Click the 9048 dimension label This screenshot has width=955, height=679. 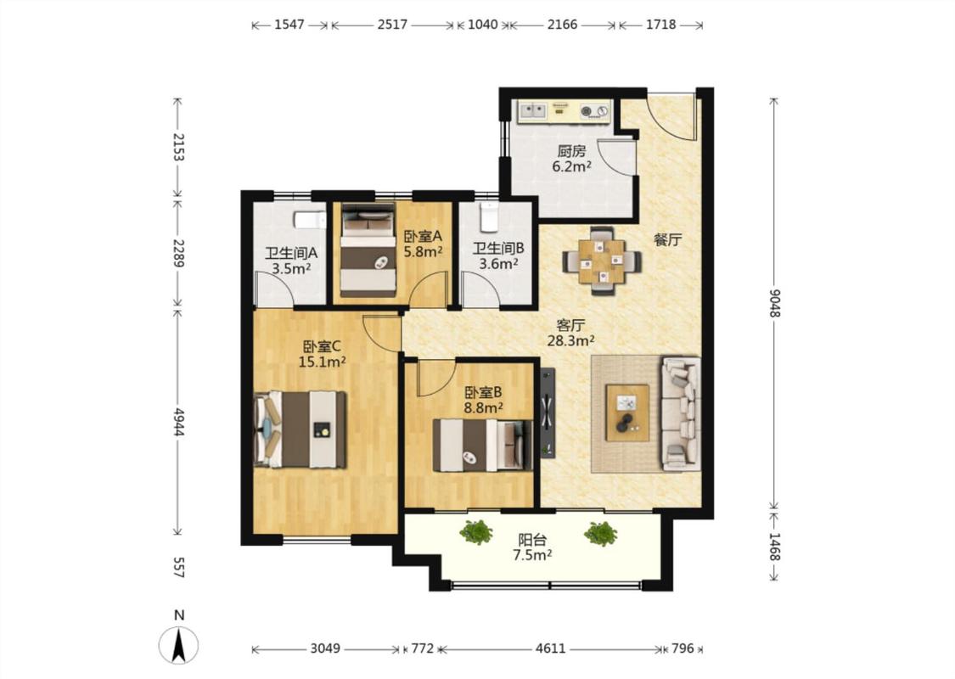click(x=773, y=303)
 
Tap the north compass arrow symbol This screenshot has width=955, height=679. click(x=178, y=646)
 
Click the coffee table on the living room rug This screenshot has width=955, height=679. click(x=627, y=412)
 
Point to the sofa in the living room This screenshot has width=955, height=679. click(x=681, y=414)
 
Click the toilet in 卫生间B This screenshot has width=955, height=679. click(x=489, y=216)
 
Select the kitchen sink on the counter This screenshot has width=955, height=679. click(x=532, y=110)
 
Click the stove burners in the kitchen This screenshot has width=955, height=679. click(x=594, y=111)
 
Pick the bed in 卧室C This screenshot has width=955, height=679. click(x=300, y=429)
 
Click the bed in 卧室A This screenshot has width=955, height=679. click(x=368, y=250)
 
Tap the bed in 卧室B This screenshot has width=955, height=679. click(x=482, y=445)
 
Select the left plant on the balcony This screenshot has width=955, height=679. click(x=476, y=532)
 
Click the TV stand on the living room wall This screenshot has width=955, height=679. click(x=548, y=412)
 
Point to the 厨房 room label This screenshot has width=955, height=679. click(x=571, y=151)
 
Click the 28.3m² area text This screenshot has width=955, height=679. click(x=570, y=340)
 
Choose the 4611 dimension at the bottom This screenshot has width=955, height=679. click(x=551, y=648)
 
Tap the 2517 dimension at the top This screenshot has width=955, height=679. click(x=392, y=25)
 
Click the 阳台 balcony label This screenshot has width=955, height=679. click(x=532, y=540)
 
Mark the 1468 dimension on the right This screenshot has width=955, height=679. click(x=773, y=547)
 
